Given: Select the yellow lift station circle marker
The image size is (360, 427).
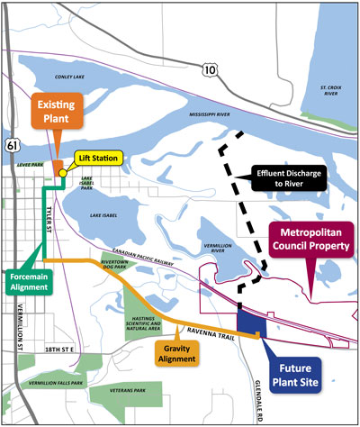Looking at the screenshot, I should tap(61, 173).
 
